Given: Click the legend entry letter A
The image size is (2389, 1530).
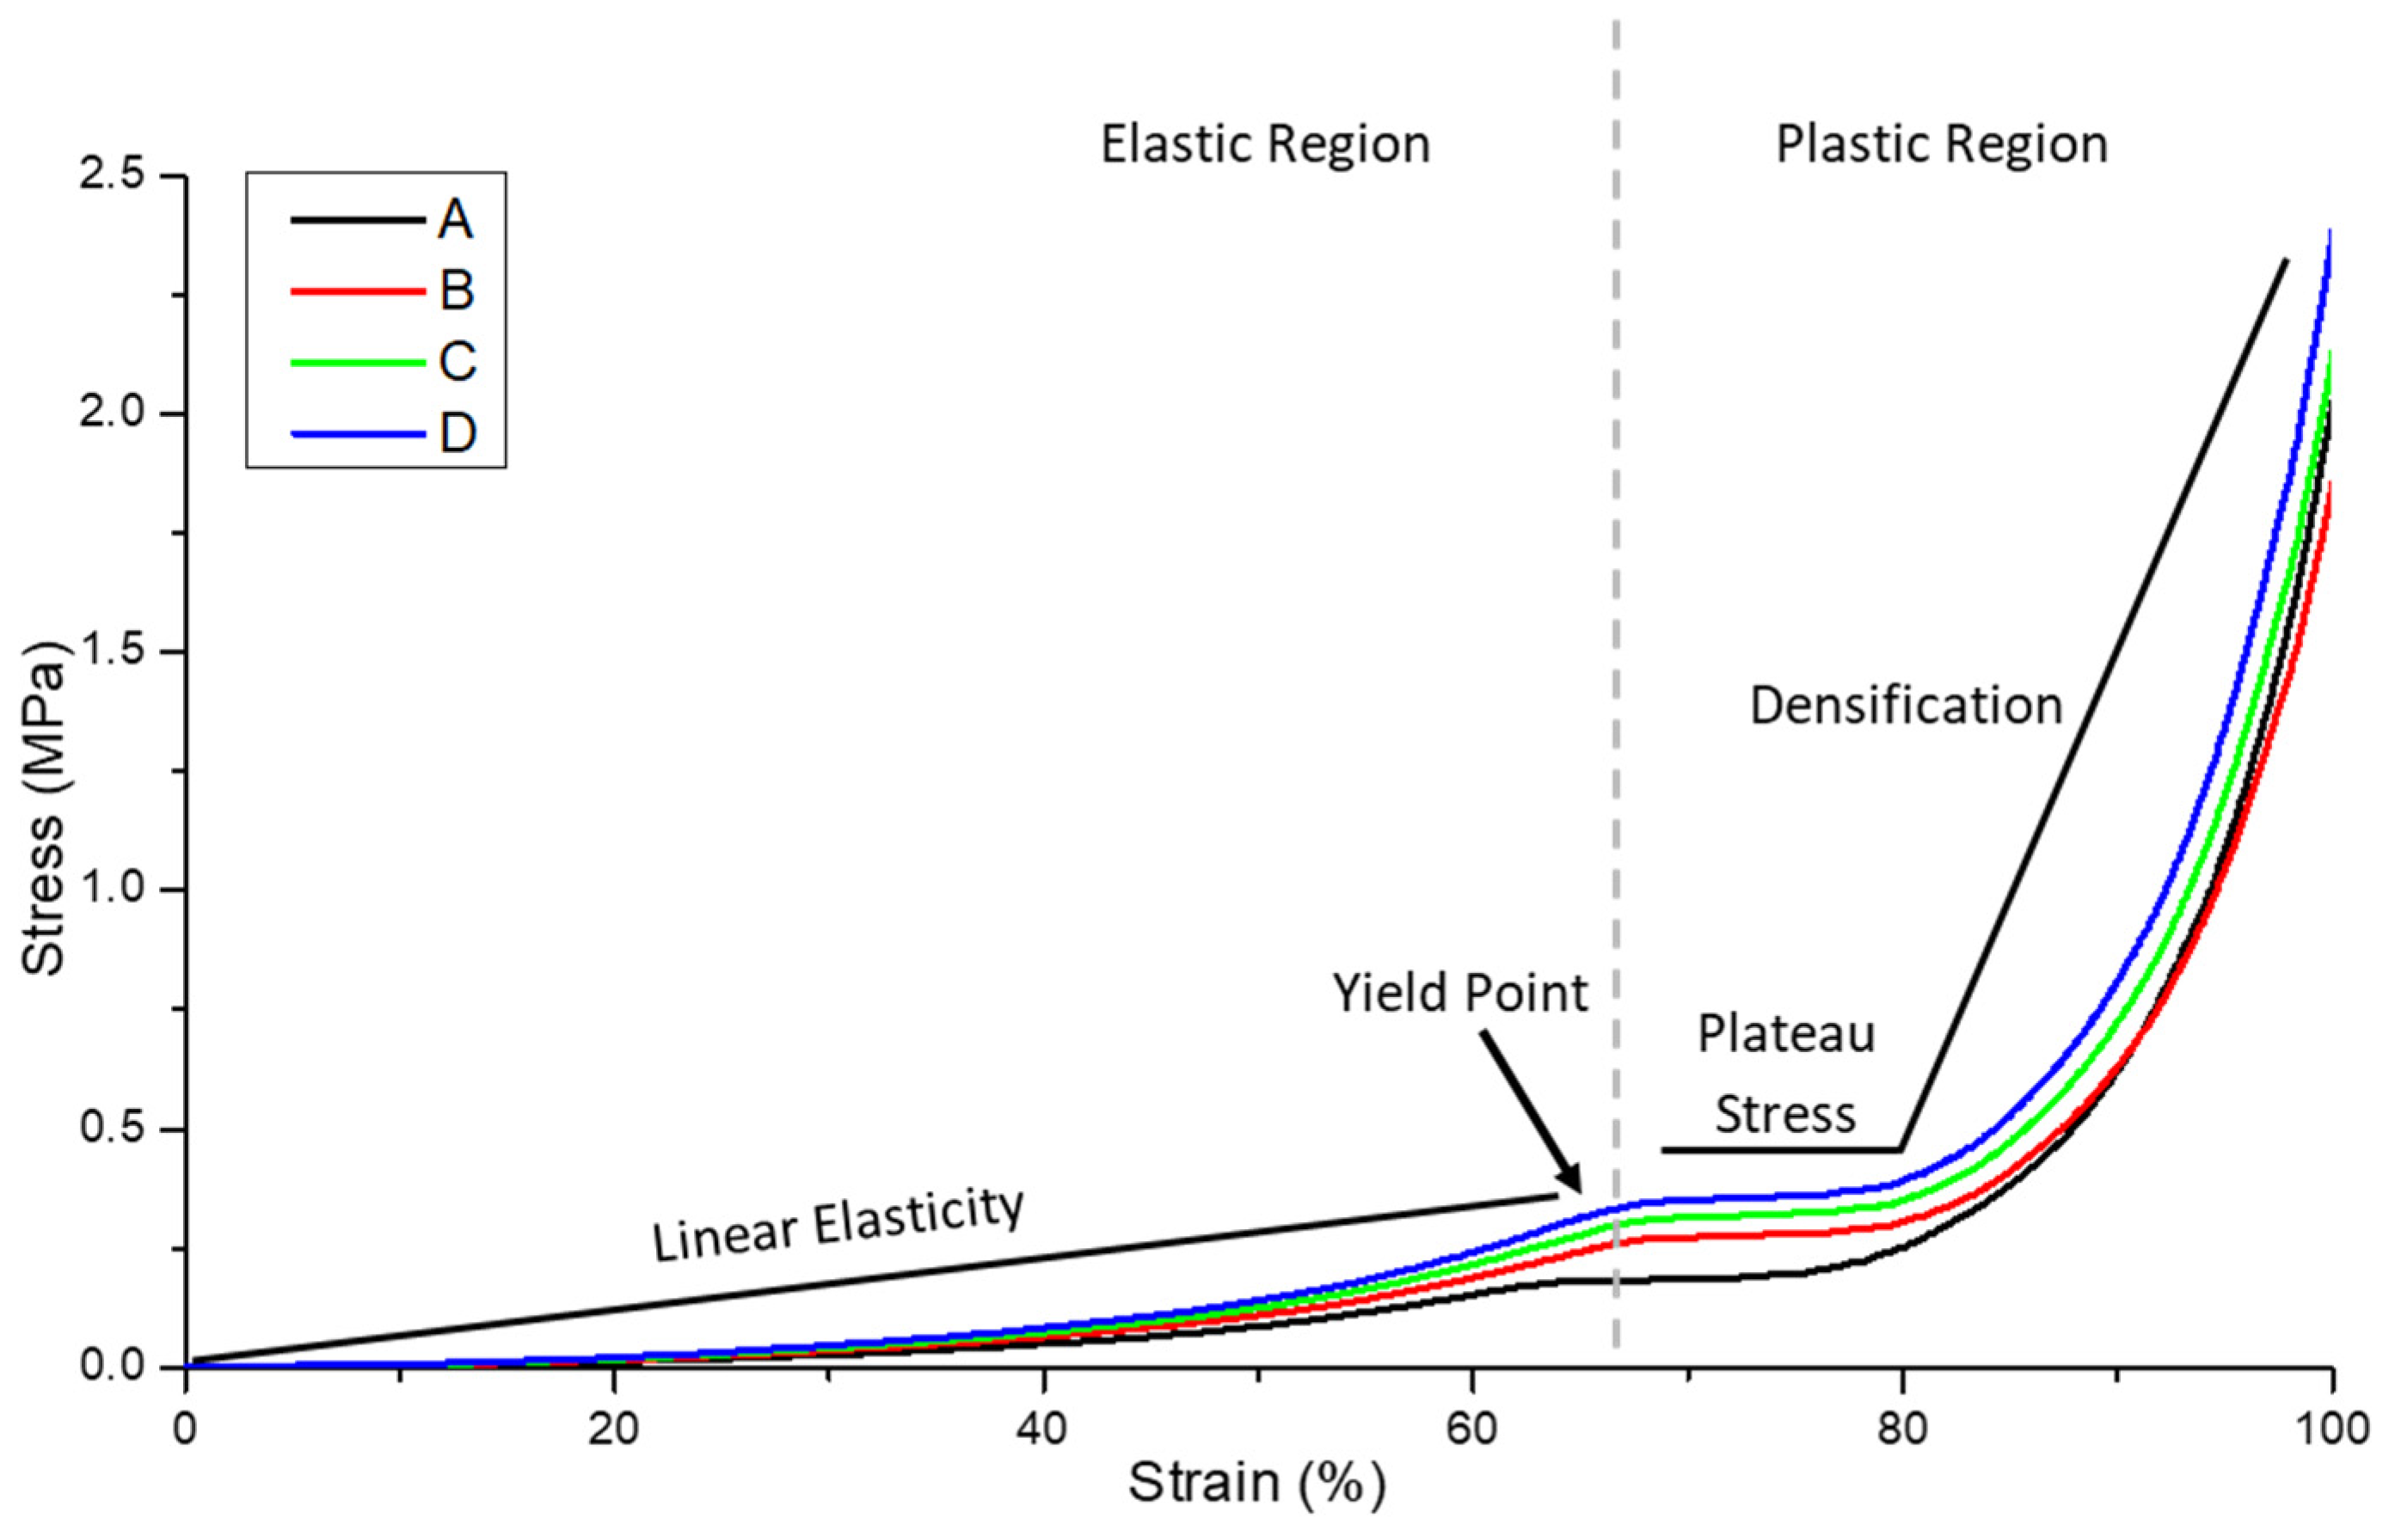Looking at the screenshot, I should (455, 218).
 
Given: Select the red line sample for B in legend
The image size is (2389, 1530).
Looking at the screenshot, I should (357, 291).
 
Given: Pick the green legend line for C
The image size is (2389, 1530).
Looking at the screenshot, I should (357, 363).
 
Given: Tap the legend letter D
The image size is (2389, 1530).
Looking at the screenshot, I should (458, 434).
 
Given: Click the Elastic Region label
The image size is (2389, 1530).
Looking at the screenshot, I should (1265, 145).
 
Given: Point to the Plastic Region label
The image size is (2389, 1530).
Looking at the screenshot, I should (1942, 145).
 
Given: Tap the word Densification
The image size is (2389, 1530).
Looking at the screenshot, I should (1906, 707).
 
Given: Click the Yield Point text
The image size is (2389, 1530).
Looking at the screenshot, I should (1460, 993).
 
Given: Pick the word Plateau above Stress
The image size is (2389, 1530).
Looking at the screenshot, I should (1786, 1034).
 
